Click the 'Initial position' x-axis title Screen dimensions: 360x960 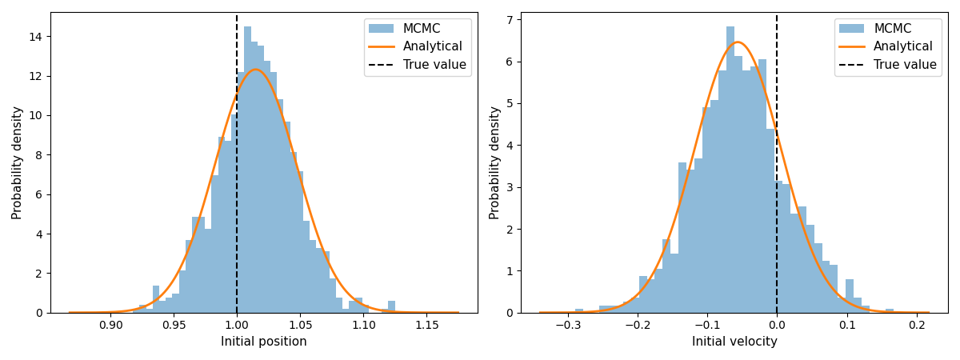[x=263, y=342]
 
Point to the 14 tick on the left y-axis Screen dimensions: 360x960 [x=36, y=37]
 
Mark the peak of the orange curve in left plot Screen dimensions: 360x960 [x=255, y=70]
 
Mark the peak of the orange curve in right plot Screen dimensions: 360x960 [x=738, y=42]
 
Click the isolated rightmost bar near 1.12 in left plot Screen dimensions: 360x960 [x=391, y=307]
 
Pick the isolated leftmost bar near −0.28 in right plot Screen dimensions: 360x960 [x=579, y=311]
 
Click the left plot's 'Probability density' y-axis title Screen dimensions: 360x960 [x=18, y=162]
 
